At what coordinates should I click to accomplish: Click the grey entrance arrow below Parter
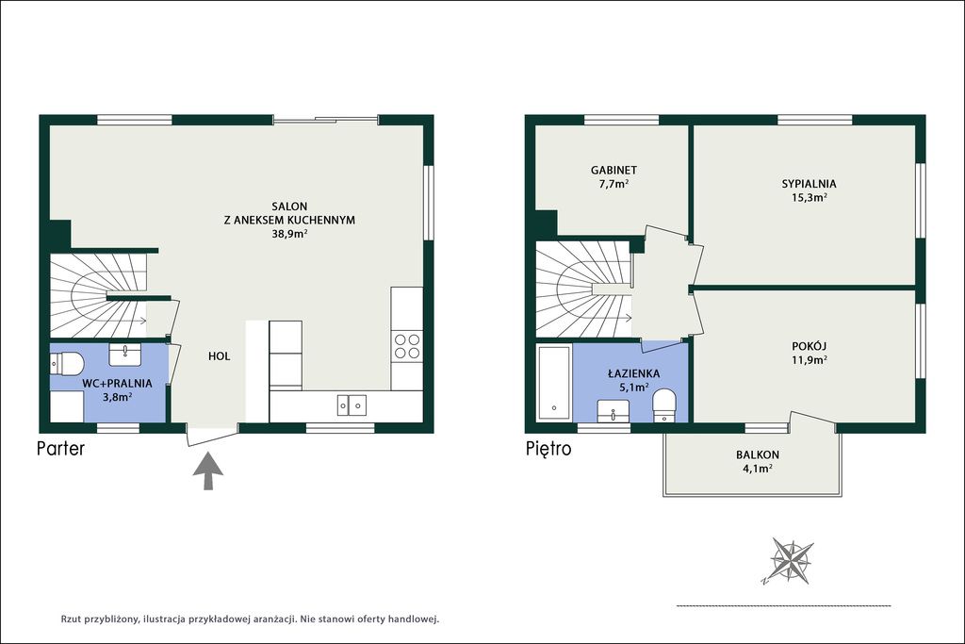208,471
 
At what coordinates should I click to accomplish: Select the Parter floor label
61,448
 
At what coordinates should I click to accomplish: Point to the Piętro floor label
548,449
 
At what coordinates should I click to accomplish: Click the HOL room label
219,355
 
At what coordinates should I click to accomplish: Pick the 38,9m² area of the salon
289,234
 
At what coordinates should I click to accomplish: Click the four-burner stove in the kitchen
407,345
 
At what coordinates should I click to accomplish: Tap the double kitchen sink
352,405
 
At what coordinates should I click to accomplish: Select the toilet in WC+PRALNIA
67,364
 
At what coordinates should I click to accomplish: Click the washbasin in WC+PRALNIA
125,354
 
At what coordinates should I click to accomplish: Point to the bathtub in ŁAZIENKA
554,382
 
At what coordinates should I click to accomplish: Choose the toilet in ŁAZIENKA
663,405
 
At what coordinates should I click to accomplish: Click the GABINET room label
613,170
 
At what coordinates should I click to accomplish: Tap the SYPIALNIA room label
809,184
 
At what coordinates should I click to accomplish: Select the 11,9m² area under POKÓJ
809,360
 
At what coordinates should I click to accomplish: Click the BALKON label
758,455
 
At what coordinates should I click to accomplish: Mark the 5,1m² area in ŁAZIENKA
633,388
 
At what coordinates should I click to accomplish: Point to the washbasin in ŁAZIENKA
613,411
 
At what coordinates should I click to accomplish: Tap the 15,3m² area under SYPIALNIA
809,198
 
